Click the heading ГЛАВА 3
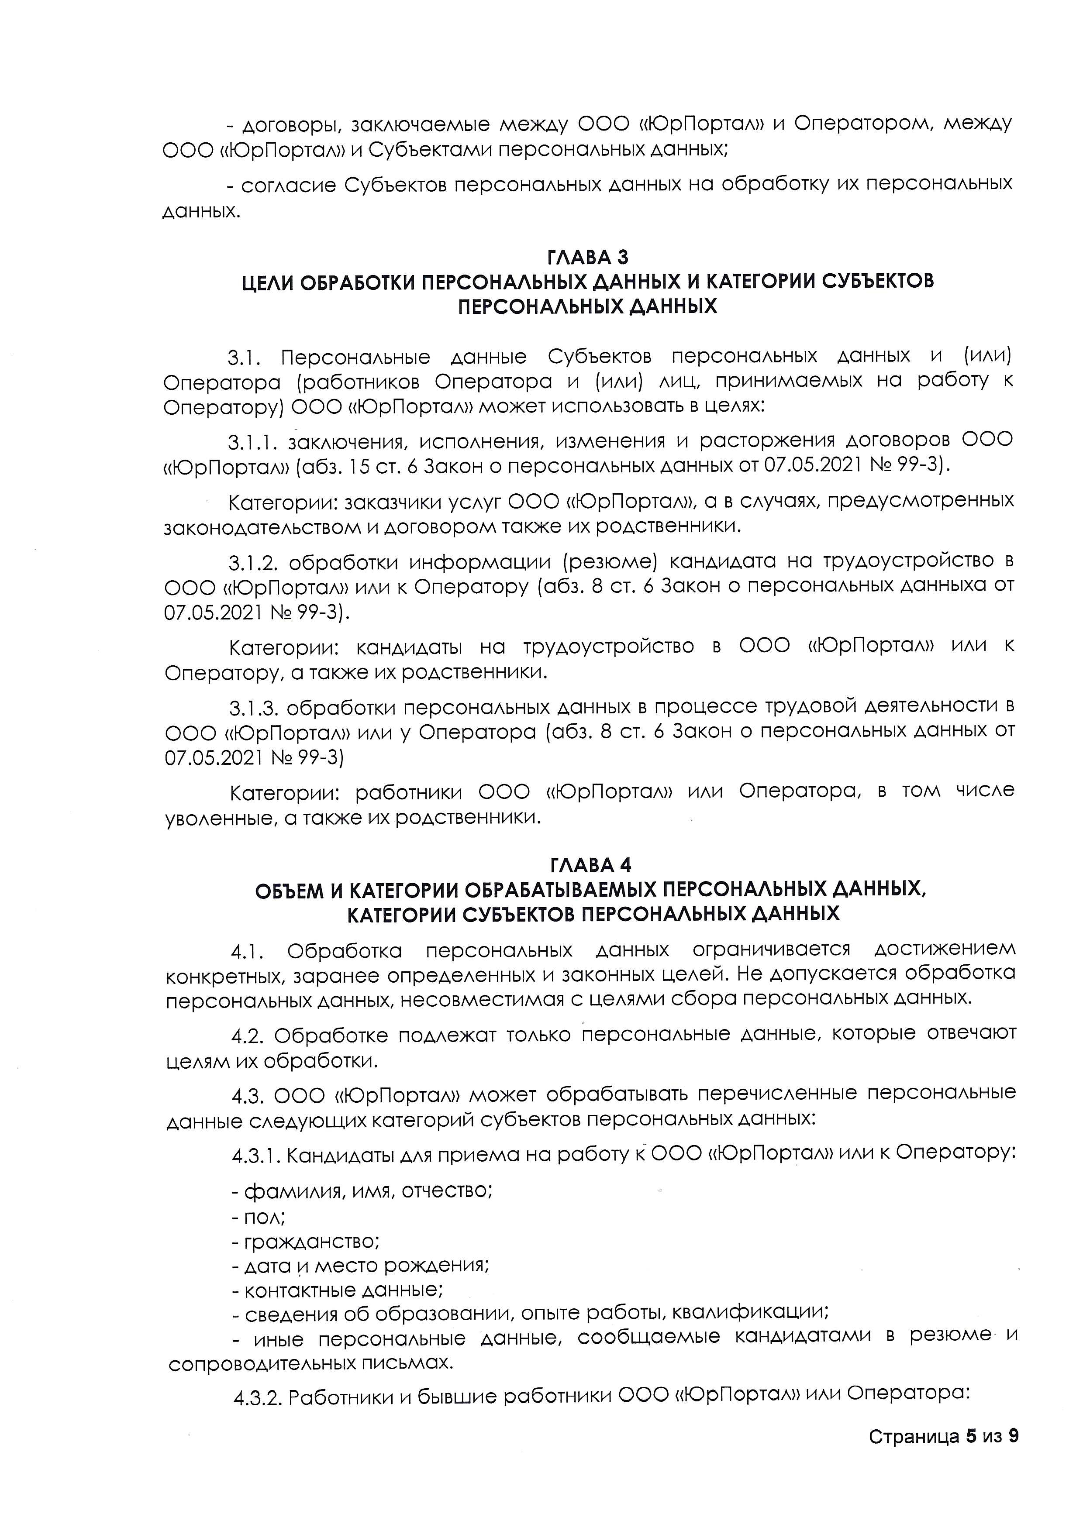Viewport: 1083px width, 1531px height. point(587,257)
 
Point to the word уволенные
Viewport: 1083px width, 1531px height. point(221,818)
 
